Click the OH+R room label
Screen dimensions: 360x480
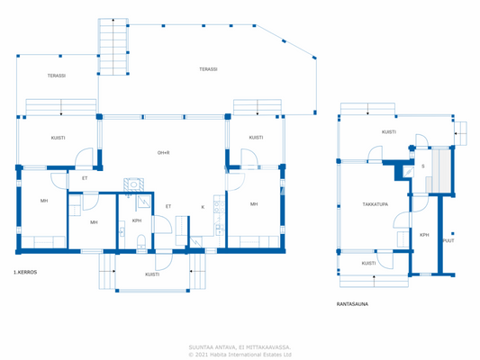click(x=164, y=152)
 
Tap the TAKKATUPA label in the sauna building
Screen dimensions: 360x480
click(x=376, y=204)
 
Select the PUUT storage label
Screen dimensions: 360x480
click(x=448, y=240)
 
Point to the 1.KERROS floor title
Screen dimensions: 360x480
click(x=24, y=272)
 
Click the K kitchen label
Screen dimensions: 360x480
click(x=202, y=207)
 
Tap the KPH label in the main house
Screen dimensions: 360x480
click(x=137, y=220)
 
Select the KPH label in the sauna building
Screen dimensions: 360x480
click(x=424, y=235)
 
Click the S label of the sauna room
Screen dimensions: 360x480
click(x=422, y=166)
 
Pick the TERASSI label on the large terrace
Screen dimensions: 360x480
click(x=208, y=69)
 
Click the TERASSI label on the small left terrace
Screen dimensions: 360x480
click(x=56, y=76)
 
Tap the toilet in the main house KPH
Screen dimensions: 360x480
click(x=141, y=240)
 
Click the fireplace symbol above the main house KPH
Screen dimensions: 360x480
click(x=131, y=185)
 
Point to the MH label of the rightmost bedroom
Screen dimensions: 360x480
click(x=254, y=204)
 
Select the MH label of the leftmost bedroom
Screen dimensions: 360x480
click(x=43, y=201)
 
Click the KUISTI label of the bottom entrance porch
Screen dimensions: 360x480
click(x=152, y=274)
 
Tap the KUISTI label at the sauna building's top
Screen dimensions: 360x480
click(x=388, y=132)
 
